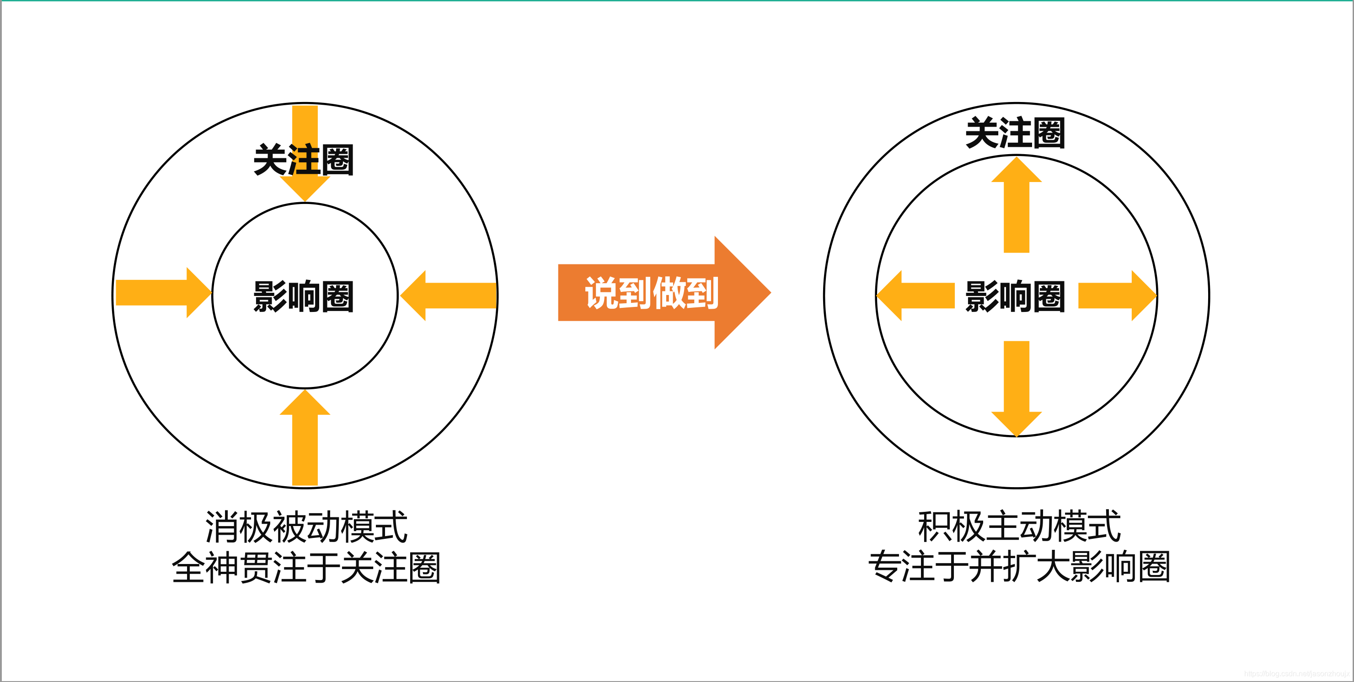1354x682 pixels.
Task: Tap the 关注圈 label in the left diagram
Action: click(x=303, y=160)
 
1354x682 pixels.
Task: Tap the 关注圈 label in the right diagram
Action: click(x=1015, y=133)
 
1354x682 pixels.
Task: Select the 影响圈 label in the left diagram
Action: click(x=303, y=296)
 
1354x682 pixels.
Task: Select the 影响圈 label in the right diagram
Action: click(x=1015, y=296)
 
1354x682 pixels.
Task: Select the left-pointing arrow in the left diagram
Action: click(x=450, y=295)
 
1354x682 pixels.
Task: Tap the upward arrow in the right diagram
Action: click(x=1017, y=205)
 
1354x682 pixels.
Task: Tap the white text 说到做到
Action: click(x=652, y=293)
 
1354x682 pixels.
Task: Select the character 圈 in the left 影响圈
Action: click(x=337, y=296)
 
